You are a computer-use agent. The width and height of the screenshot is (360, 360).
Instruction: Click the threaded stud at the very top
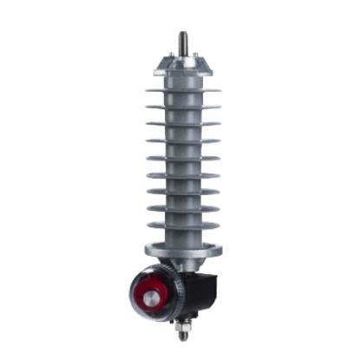[183, 41]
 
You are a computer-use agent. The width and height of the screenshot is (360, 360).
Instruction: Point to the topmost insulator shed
[183, 90]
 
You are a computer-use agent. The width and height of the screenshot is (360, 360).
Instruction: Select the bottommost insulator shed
[183, 226]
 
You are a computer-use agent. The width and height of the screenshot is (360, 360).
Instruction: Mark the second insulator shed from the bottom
[183, 208]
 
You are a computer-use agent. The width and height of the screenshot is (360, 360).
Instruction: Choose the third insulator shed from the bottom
[183, 192]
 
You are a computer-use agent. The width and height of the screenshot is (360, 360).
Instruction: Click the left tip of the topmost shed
[147, 90]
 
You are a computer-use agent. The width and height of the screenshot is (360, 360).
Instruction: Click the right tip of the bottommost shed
[219, 226]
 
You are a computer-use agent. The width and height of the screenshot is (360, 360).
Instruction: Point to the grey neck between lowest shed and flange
[183, 238]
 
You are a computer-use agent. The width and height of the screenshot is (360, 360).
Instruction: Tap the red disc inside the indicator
[153, 290]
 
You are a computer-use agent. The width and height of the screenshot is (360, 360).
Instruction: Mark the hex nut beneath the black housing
[184, 324]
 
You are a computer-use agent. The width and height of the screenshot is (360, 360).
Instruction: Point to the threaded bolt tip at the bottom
[184, 337]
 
